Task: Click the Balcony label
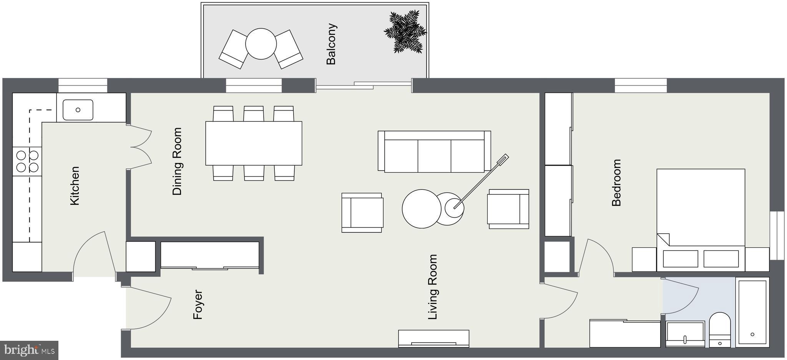[x=331, y=44]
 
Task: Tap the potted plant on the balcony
[x=405, y=32]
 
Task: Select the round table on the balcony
[x=261, y=44]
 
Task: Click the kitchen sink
[x=78, y=110]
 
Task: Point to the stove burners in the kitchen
[x=27, y=161]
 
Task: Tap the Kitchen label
[x=75, y=186]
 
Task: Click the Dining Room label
[x=177, y=161]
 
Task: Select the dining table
[x=254, y=143]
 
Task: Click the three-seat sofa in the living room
[x=434, y=152]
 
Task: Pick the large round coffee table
[x=422, y=209]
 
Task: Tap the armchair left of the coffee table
[x=362, y=212]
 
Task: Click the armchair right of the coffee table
[x=508, y=209]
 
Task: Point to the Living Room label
[x=433, y=287]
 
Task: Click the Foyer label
[x=198, y=305]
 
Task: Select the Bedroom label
[x=616, y=182]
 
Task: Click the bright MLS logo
[x=29, y=350]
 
